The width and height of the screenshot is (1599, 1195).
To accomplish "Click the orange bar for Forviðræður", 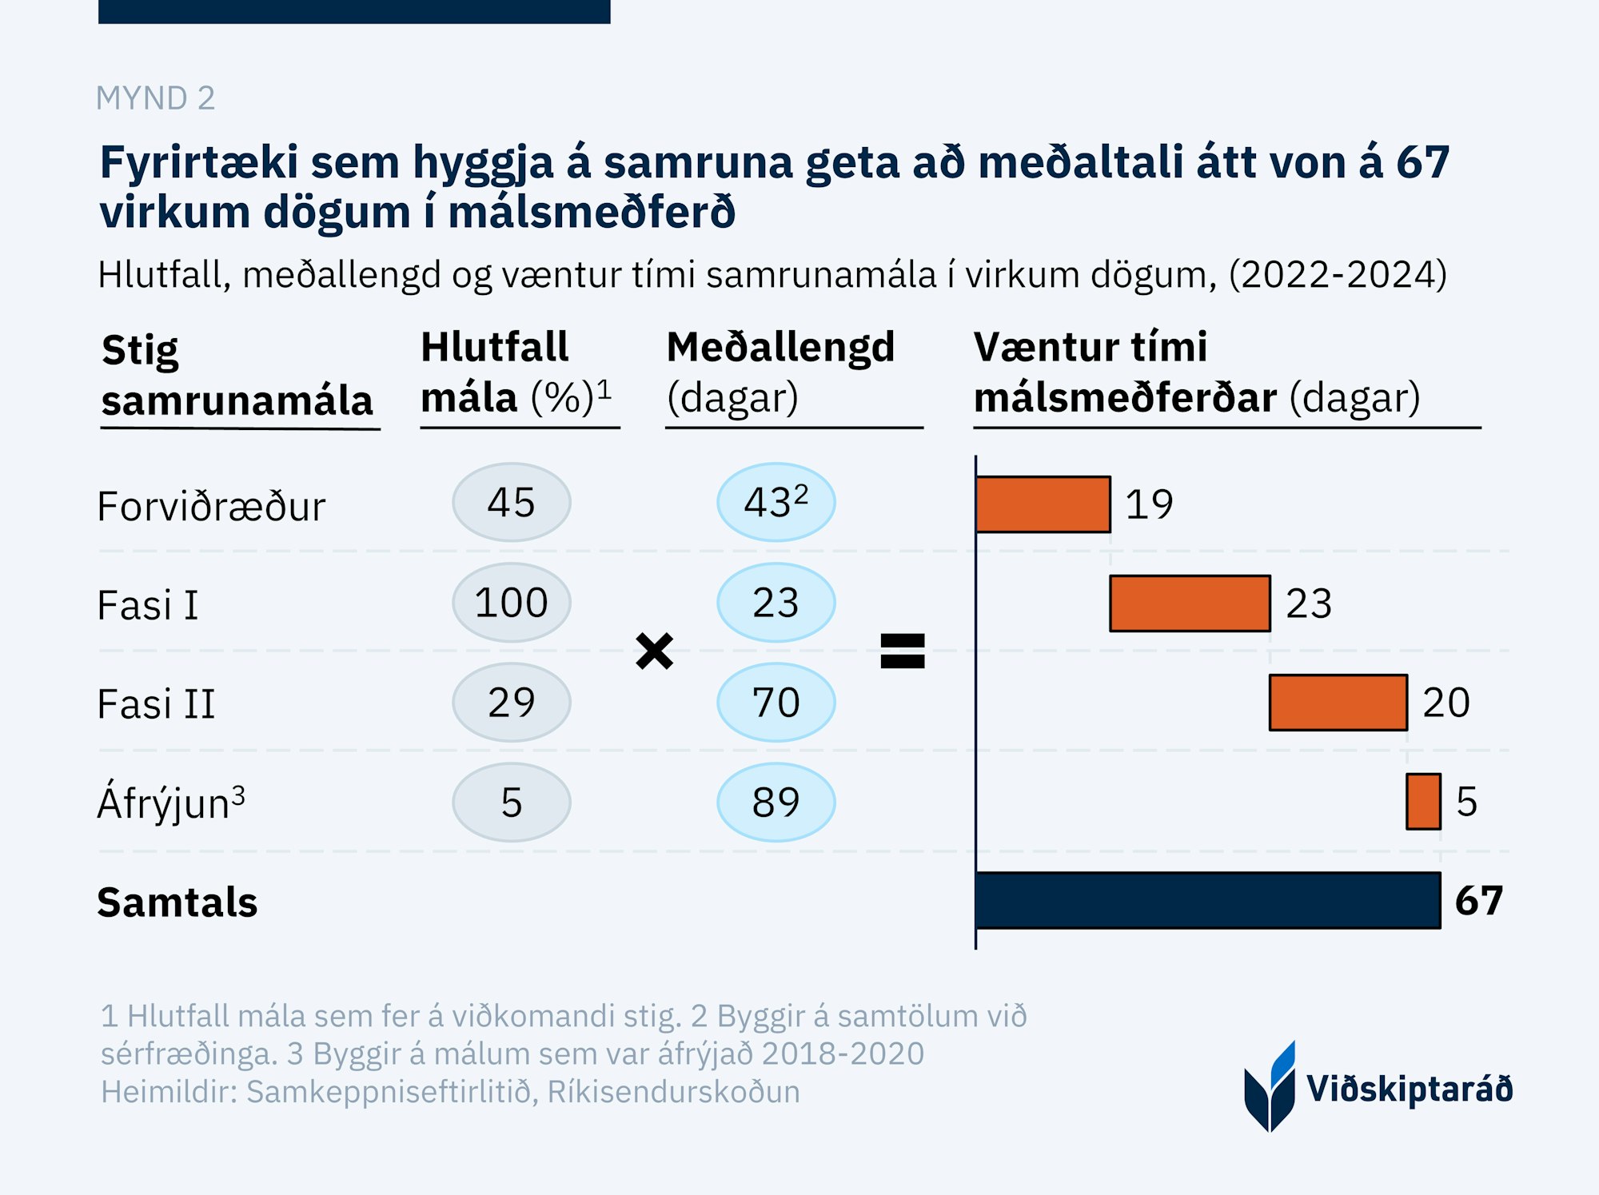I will tap(1043, 504).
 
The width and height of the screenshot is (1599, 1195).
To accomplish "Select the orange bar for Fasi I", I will tap(1190, 603).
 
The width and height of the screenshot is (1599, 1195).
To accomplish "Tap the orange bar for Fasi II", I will tap(1338, 703).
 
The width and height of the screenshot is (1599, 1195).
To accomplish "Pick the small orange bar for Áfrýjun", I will tap(1423, 802).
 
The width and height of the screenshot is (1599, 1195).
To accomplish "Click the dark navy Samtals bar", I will tap(1207, 901).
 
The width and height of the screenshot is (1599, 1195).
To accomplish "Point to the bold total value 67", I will tap(1478, 901).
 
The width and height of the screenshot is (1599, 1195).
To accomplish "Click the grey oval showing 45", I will tap(512, 503).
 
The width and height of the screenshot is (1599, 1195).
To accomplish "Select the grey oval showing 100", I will tap(512, 603).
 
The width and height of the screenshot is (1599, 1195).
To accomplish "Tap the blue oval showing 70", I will tap(776, 703).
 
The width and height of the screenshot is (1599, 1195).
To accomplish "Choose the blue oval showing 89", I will tap(776, 803).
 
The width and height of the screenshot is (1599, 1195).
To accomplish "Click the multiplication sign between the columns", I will tap(654, 651).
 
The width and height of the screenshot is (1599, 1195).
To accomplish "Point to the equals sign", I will tap(902, 651).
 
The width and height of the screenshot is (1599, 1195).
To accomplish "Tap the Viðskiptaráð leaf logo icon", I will tap(1270, 1087).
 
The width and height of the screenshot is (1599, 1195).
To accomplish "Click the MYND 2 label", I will tap(155, 98).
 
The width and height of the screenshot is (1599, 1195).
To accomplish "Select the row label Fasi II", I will tap(156, 704).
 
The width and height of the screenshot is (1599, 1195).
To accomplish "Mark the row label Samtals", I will tap(177, 902).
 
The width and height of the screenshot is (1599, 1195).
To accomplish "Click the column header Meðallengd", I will tap(780, 348).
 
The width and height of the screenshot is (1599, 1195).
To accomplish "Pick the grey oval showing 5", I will tap(512, 803).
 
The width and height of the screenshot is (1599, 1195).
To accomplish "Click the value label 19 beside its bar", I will tap(1149, 504).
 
